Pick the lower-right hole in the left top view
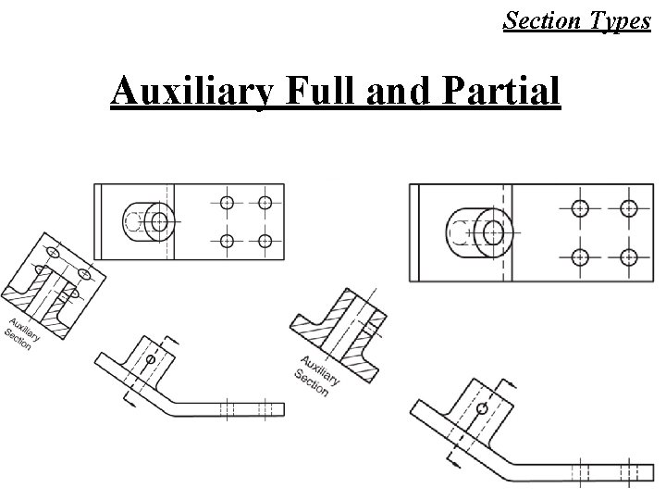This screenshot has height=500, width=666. pos(265,241)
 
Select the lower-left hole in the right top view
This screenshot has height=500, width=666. pos(580,256)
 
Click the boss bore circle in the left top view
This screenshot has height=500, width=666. pos(159,221)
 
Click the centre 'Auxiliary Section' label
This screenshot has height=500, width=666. pos(315,374)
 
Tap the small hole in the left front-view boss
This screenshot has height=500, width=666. pos(150,359)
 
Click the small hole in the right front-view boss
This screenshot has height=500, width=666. pos(480,408)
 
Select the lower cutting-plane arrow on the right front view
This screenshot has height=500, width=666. pos(452,458)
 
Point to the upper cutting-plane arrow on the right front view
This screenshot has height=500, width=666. pos(507,383)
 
